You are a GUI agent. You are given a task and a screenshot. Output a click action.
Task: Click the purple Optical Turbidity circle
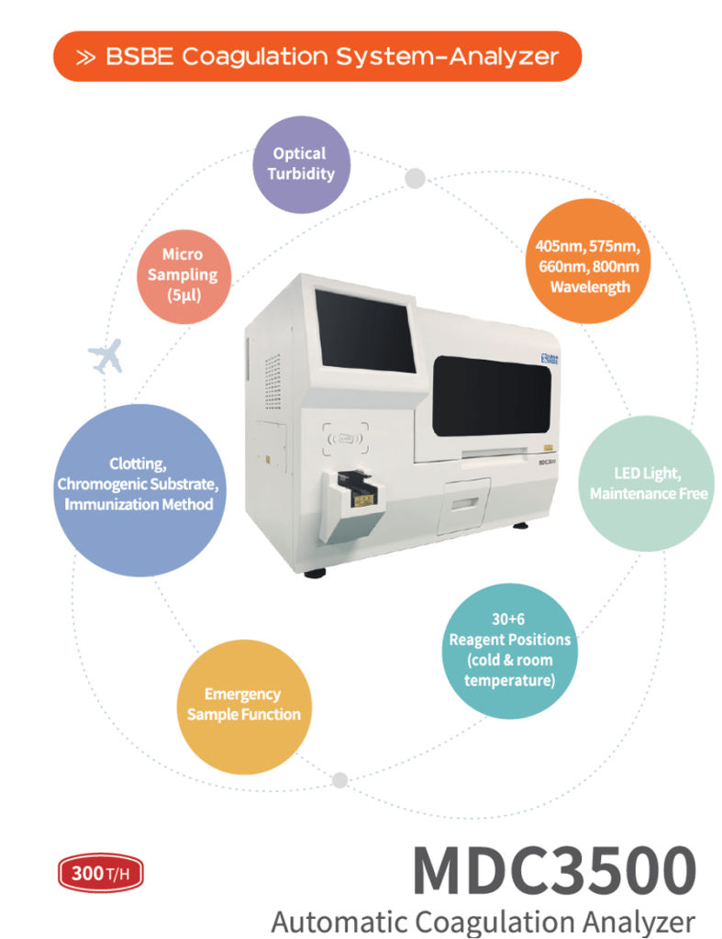301,164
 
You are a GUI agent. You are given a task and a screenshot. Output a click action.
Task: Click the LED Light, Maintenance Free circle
648,484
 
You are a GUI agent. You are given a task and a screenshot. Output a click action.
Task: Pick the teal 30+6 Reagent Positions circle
509,649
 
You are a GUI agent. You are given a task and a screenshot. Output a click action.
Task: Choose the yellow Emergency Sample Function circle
243,704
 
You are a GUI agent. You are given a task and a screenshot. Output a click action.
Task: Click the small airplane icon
106,355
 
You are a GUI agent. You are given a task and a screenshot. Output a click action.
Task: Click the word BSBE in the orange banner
139,57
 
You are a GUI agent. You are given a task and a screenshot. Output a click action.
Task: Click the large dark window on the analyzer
491,396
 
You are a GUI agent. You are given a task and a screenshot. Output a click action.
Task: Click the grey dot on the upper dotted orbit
415,177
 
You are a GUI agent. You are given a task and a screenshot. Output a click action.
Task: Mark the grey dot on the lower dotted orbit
339,780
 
